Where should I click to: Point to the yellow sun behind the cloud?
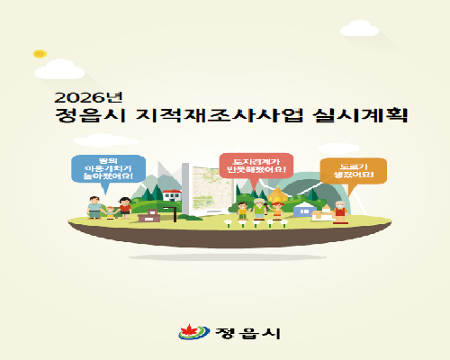(38, 54)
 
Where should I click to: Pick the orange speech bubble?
(353, 169)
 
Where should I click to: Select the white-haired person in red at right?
(340, 211)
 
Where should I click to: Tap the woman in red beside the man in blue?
(124, 207)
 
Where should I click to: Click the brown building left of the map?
(148, 214)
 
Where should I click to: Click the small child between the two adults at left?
(110, 212)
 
